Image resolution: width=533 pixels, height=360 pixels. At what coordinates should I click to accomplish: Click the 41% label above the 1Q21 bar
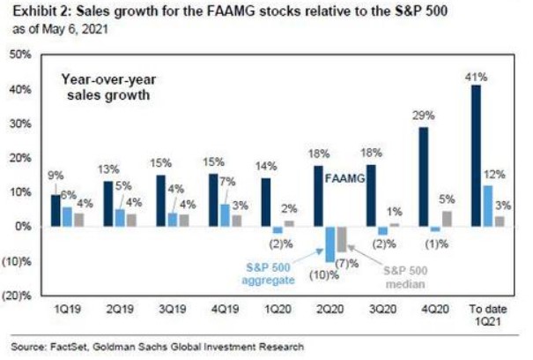[476, 77]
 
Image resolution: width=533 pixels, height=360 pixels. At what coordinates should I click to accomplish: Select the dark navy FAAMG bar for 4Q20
[424, 176]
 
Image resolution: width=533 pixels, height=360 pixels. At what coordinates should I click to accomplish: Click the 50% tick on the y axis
[19, 55]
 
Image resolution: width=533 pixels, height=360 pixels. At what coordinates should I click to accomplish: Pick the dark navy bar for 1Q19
[56, 210]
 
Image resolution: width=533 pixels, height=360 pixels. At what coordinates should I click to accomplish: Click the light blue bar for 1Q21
[490, 206]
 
